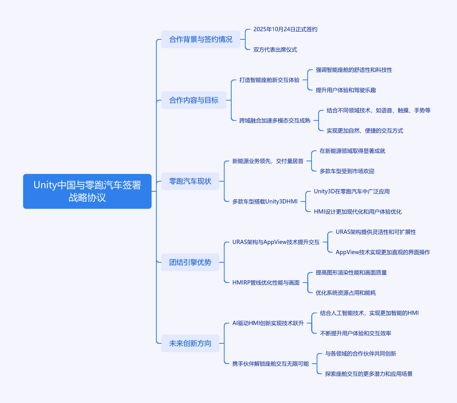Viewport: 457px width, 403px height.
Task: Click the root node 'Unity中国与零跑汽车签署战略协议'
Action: [x=87, y=191]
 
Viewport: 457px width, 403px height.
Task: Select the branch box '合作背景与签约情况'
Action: [x=201, y=39]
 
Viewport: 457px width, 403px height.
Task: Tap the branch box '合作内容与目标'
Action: [x=194, y=100]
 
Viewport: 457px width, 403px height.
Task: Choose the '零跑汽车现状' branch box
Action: [x=190, y=181]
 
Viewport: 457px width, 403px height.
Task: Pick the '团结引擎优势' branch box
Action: [x=190, y=262]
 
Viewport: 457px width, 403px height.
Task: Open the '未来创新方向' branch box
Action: [x=190, y=343]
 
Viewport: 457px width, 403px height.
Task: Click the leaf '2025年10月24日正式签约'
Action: [x=285, y=29]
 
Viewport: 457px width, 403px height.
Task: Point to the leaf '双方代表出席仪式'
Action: [x=275, y=49]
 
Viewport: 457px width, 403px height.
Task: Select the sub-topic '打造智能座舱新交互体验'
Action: [x=269, y=80]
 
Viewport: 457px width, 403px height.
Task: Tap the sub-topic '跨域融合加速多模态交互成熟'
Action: [x=275, y=120]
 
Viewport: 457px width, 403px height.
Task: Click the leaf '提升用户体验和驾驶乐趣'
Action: [x=345, y=90]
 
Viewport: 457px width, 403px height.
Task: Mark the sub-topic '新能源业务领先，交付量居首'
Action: [x=268, y=161]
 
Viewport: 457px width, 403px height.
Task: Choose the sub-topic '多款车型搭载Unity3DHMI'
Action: [x=265, y=201]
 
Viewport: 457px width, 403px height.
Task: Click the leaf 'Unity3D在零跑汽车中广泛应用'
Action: [x=352, y=191]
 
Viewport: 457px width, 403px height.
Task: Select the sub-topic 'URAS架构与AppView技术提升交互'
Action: [x=276, y=242]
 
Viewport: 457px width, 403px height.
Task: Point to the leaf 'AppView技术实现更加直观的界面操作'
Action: [x=383, y=252]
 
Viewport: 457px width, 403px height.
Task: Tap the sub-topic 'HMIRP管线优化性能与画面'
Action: [x=266, y=282]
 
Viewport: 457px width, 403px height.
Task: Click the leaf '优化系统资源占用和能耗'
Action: [x=345, y=293]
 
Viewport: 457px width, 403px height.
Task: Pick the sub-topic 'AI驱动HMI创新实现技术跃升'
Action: [x=268, y=323]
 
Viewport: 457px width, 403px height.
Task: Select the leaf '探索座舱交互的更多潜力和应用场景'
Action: [x=369, y=373]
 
